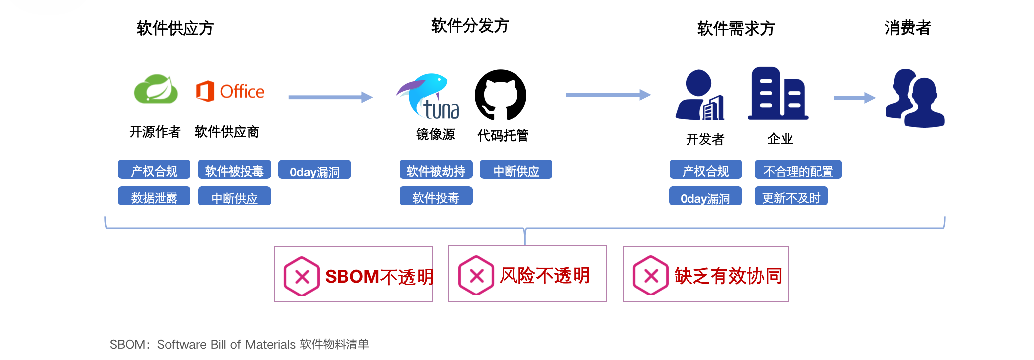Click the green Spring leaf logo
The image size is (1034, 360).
[x=156, y=90]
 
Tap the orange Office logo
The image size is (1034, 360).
[x=230, y=92]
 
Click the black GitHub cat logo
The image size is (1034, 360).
[x=501, y=95]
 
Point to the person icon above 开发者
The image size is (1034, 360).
[x=700, y=95]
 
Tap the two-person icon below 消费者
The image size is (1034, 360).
[x=915, y=98]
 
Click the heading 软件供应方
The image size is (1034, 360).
[x=175, y=28]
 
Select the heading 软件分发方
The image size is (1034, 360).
[x=470, y=26]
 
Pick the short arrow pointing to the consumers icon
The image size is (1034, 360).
[x=854, y=98]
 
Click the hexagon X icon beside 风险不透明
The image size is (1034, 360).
[x=476, y=276]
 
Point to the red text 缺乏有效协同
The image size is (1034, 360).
[x=728, y=276]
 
